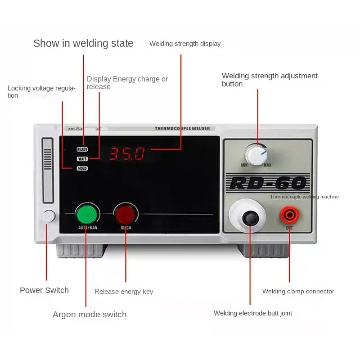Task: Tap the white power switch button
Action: (x=49, y=216)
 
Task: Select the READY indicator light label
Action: (x=82, y=149)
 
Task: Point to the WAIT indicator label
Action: (x=82, y=158)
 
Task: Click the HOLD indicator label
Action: (x=82, y=168)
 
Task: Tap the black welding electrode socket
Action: (x=250, y=218)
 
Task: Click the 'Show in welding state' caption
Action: (x=83, y=43)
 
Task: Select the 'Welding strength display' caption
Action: (x=185, y=44)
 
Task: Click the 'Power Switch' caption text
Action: (x=44, y=290)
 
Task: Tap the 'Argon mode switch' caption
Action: (x=90, y=315)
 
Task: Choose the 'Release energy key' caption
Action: (x=124, y=292)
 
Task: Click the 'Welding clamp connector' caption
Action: (x=298, y=291)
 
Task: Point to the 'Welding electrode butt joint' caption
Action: (x=252, y=313)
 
